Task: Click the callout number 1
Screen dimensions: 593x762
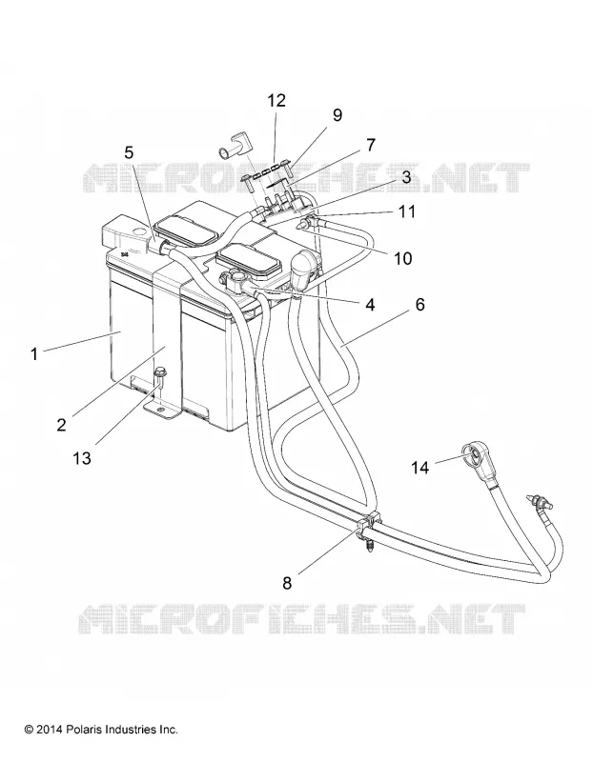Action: point(34,353)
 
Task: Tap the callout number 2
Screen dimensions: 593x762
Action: point(61,424)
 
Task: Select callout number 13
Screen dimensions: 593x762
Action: point(82,457)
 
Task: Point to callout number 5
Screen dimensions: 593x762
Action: point(129,152)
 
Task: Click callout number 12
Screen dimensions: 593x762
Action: point(276,101)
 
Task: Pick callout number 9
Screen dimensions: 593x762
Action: point(337,114)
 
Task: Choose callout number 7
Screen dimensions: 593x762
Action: point(371,145)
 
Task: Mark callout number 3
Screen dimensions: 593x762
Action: point(406,176)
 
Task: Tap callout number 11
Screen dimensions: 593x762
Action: point(407,211)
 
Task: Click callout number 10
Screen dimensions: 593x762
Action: point(402,258)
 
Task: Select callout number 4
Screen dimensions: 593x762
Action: point(370,305)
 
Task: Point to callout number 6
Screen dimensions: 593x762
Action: point(419,304)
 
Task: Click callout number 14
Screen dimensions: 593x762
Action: point(420,467)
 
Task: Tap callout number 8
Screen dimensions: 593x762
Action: point(287,583)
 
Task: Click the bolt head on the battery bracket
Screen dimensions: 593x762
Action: point(159,373)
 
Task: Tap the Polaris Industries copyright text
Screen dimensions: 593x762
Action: point(101,730)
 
